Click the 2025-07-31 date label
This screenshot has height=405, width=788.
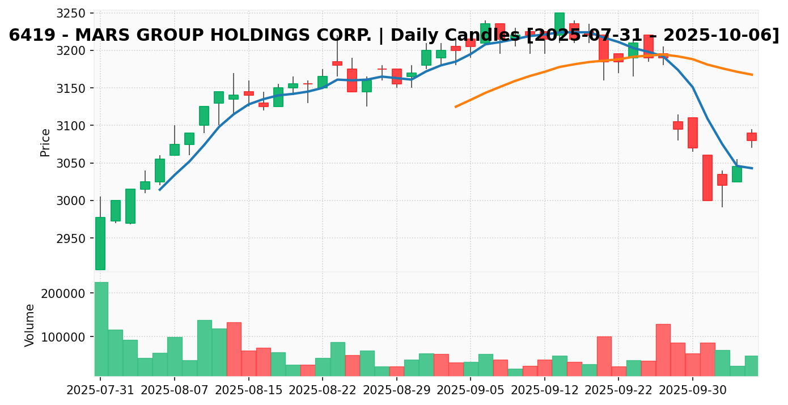pos(100,390)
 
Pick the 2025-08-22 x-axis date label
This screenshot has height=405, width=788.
pos(323,390)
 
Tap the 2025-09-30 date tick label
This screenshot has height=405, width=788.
pos(693,390)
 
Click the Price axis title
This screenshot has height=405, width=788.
pos(45,142)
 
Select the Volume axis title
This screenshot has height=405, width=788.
pos(30,325)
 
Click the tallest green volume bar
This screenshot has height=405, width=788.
pos(101,329)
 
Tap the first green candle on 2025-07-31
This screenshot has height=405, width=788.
pos(100,244)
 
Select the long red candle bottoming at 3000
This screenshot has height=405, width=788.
pos(707,177)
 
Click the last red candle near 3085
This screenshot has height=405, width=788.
pos(752,137)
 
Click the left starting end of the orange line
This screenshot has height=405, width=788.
pos(455,106)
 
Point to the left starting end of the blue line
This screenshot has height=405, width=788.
pos(159,189)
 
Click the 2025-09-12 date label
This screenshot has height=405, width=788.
pos(545,390)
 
